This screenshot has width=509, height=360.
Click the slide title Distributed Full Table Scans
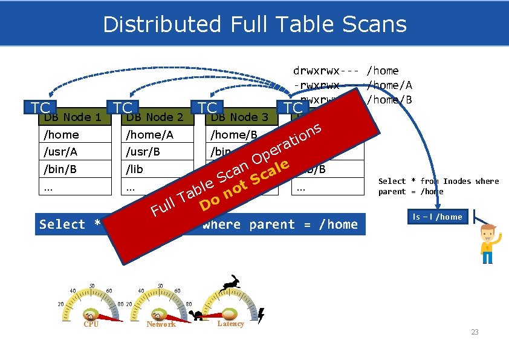[254, 24]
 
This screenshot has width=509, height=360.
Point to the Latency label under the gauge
[230, 324]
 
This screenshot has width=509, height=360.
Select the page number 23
[475, 332]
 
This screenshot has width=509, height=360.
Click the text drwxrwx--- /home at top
[345, 71]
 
